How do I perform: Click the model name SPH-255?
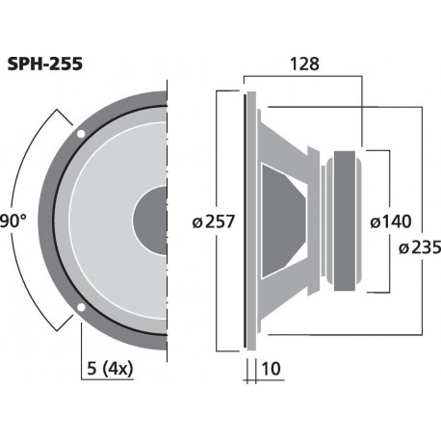click(x=46, y=65)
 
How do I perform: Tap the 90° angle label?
click(x=12, y=220)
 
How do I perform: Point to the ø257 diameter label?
click(x=213, y=220)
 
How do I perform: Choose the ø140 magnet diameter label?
click(x=392, y=221)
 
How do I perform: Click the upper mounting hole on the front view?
click(x=81, y=131)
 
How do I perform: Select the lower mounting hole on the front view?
click(x=81, y=309)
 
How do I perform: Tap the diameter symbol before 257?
click(x=197, y=221)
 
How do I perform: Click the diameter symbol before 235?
click(x=402, y=247)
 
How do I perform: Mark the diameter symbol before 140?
click(x=376, y=221)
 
